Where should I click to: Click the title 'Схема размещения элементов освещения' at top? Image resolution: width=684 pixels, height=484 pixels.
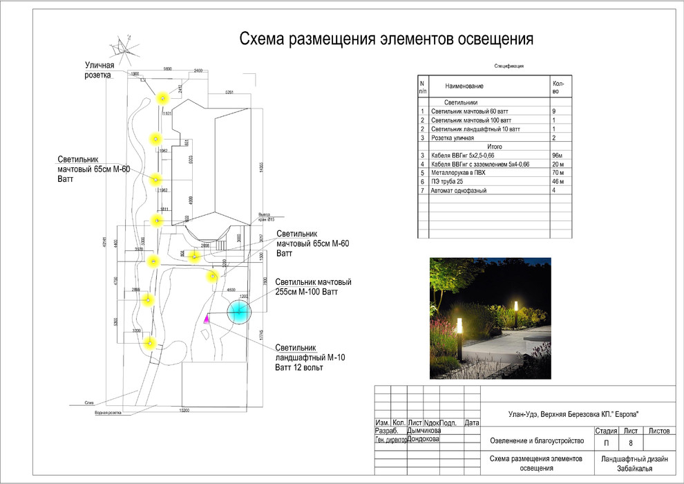click(x=386, y=39)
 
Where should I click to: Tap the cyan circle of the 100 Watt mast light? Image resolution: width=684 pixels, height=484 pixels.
click(x=238, y=313)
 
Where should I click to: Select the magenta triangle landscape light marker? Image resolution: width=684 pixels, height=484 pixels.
click(x=207, y=318)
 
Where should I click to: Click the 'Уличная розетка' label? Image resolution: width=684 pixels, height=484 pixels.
click(x=95, y=70)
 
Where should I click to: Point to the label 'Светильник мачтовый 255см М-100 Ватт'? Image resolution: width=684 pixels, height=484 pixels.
click(x=313, y=288)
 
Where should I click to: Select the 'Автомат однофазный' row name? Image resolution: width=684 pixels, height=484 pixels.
click(x=459, y=190)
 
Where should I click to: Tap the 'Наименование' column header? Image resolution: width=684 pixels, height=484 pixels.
click(x=464, y=86)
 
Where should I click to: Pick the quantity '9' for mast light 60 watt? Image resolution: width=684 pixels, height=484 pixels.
click(x=553, y=111)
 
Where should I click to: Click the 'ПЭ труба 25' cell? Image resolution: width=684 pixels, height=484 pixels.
click(x=448, y=181)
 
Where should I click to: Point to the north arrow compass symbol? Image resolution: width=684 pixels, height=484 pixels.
click(x=124, y=46)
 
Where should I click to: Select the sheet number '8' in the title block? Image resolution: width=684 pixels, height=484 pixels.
click(x=631, y=443)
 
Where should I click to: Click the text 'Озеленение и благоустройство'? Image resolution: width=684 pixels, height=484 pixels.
click(x=537, y=440)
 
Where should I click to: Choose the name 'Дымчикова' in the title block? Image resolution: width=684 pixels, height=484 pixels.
click(x=424, y=430)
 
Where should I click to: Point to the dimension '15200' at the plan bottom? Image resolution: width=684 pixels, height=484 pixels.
click(x=184, y=410)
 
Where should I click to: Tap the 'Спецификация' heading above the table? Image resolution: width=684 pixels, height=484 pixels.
click(x=509, y=66)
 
